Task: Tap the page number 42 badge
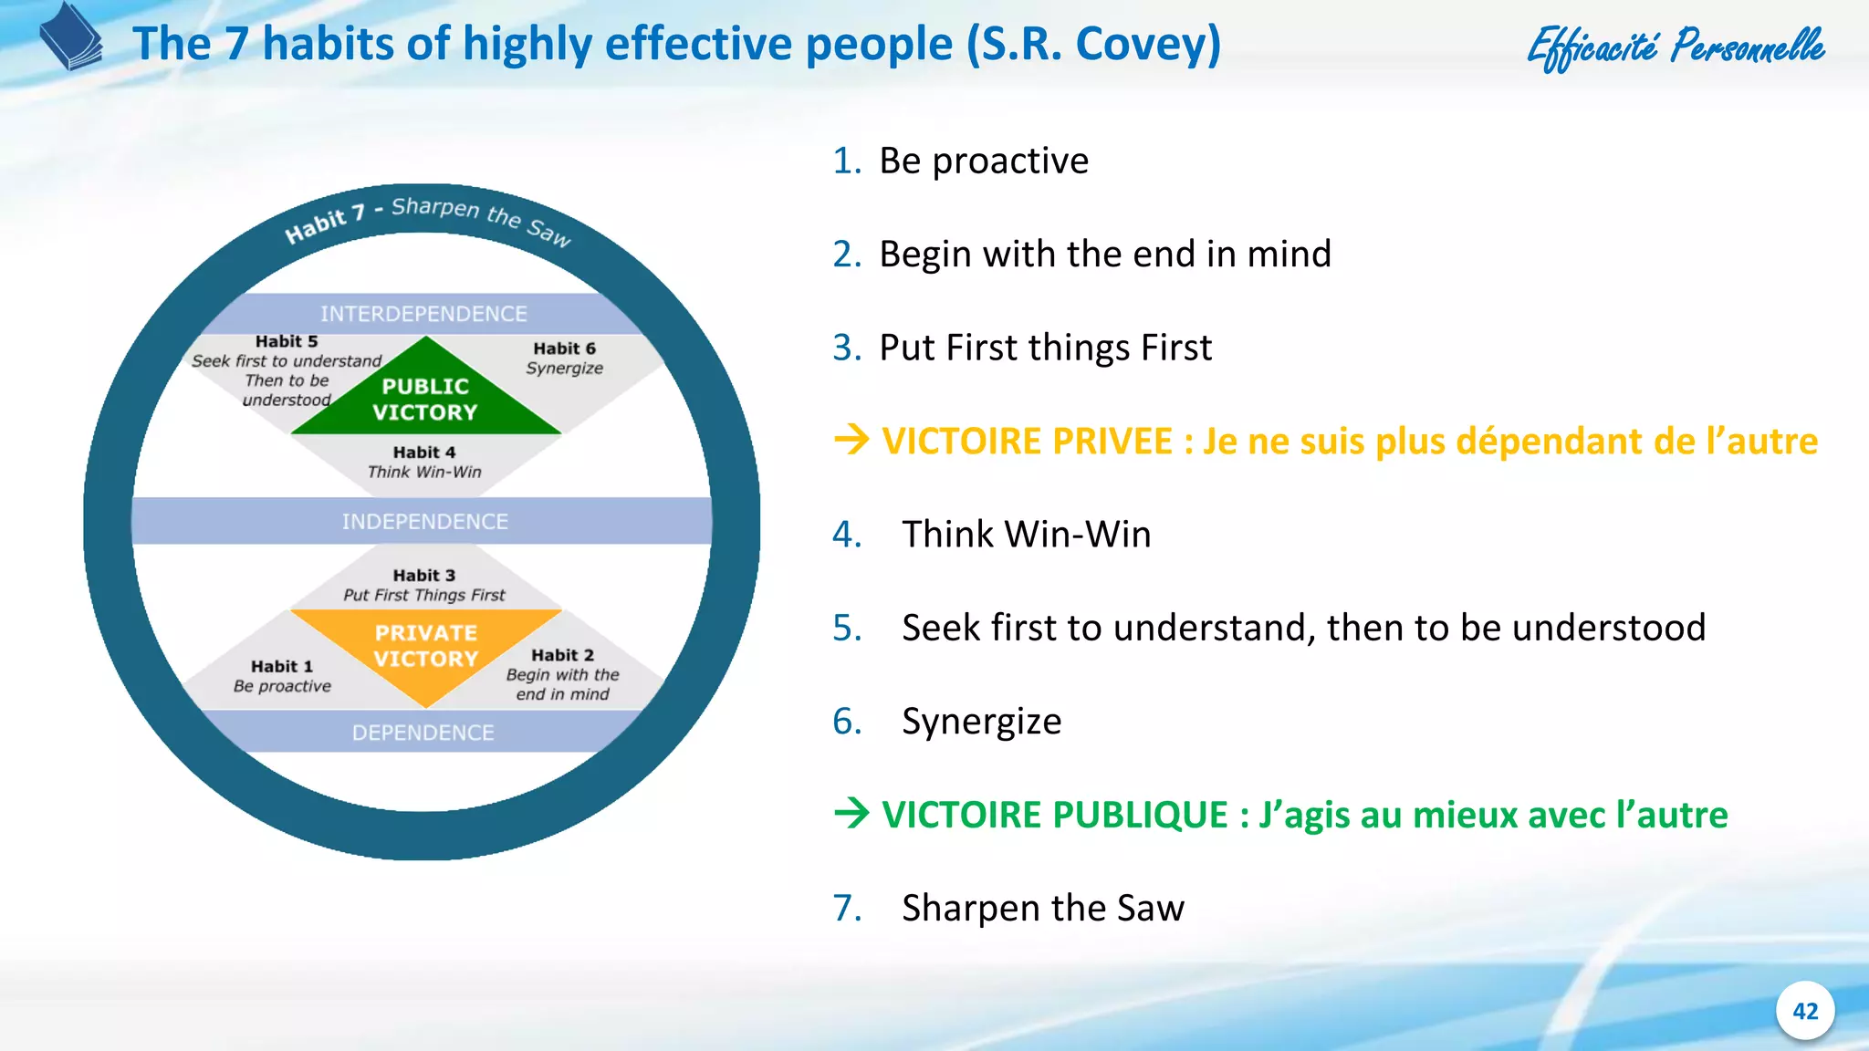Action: [x=1804, y=1011]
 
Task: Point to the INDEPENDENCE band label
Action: [x=424, y=521]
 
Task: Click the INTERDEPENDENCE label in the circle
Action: [x=423, y=314]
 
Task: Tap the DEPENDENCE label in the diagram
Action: [x=423, y=733]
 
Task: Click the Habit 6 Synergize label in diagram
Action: [x=564, y=359]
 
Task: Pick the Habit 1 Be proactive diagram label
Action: [x=282, y=676]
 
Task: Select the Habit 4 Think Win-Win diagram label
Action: [x=424, y=462]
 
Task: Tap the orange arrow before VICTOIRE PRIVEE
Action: [x=851, y=441]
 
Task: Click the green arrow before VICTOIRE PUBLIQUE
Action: [x=851, y=814]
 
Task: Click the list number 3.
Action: [x=845, y=348]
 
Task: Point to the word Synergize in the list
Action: [x=981, y=722]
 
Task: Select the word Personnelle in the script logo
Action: [x=1747, y=46]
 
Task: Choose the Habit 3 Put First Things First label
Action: [x=424, y=585]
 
